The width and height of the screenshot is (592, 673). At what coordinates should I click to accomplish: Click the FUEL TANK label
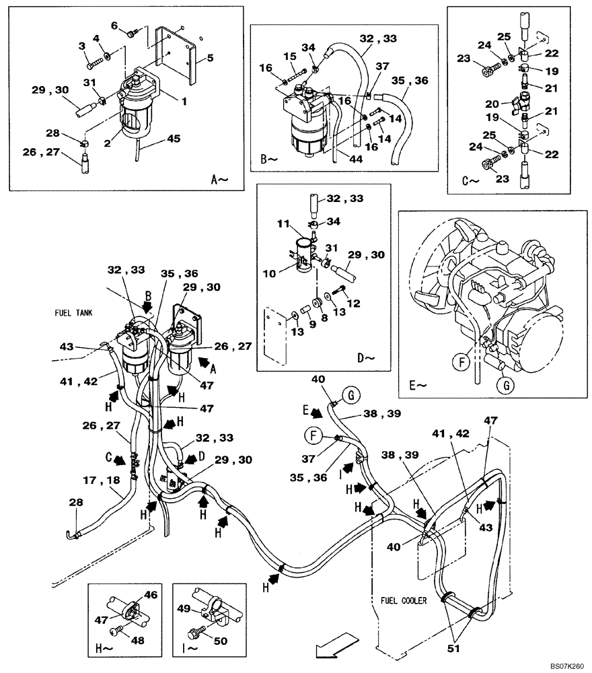73,313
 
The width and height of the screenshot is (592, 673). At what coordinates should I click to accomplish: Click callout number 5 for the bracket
210,58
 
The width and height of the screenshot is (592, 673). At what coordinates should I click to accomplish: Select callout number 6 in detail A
114,26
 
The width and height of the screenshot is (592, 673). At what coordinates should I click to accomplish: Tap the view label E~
416,386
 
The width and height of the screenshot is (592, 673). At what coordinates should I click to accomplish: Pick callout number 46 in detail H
151,594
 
